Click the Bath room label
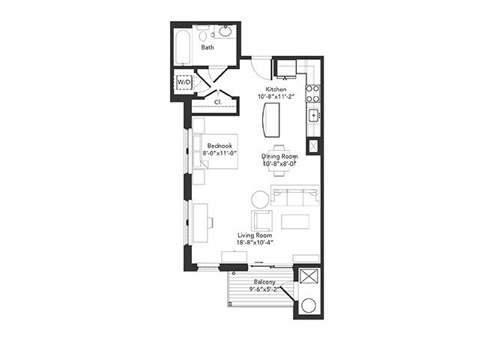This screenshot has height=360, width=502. coord(207,47)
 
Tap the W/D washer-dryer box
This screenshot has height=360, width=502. coord(183,82)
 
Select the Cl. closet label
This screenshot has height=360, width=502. coord(217,101)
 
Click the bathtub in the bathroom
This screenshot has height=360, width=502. coord(183,47)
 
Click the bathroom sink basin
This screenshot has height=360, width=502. coord(225,33)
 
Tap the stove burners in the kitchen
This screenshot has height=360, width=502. coord(314,93)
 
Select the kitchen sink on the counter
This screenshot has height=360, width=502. coord(314,115)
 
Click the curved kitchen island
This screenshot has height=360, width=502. coord(271,118)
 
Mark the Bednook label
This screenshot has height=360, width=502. coord(220,145)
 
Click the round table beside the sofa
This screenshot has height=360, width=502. coord(260,199)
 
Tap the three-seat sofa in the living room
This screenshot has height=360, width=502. coord(294,196)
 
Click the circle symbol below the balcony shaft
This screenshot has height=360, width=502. coord(309,306)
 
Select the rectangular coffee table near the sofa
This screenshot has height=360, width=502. coord(294,221)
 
